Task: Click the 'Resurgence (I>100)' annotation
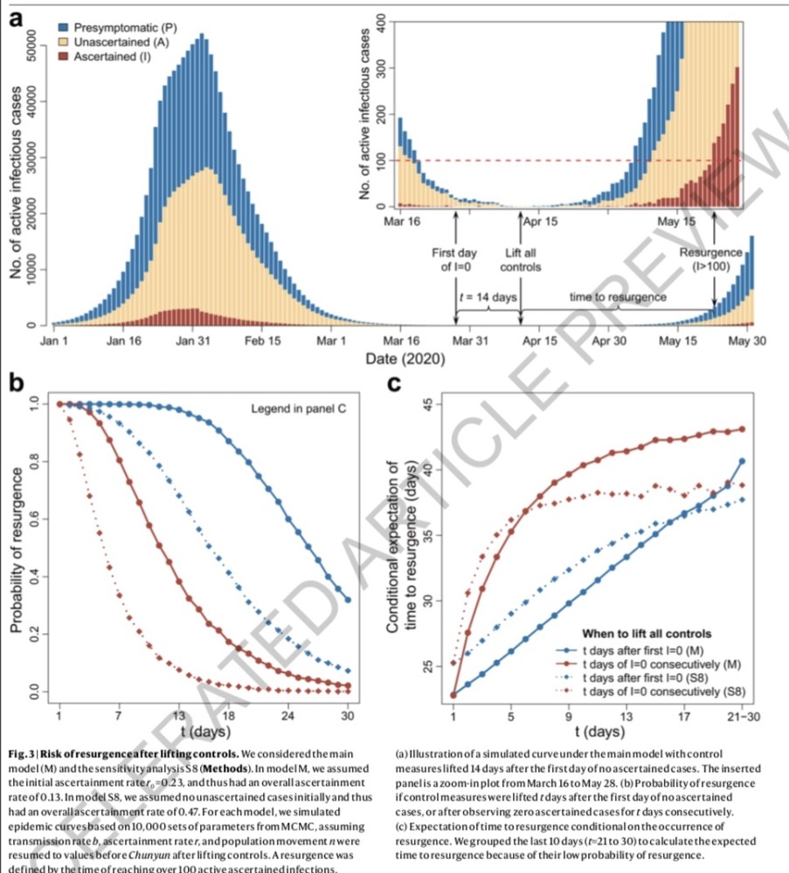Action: click(x=711, y=259)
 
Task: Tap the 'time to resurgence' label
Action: click(x=618, y=297)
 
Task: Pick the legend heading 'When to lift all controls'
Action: click(x=647, y=633)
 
